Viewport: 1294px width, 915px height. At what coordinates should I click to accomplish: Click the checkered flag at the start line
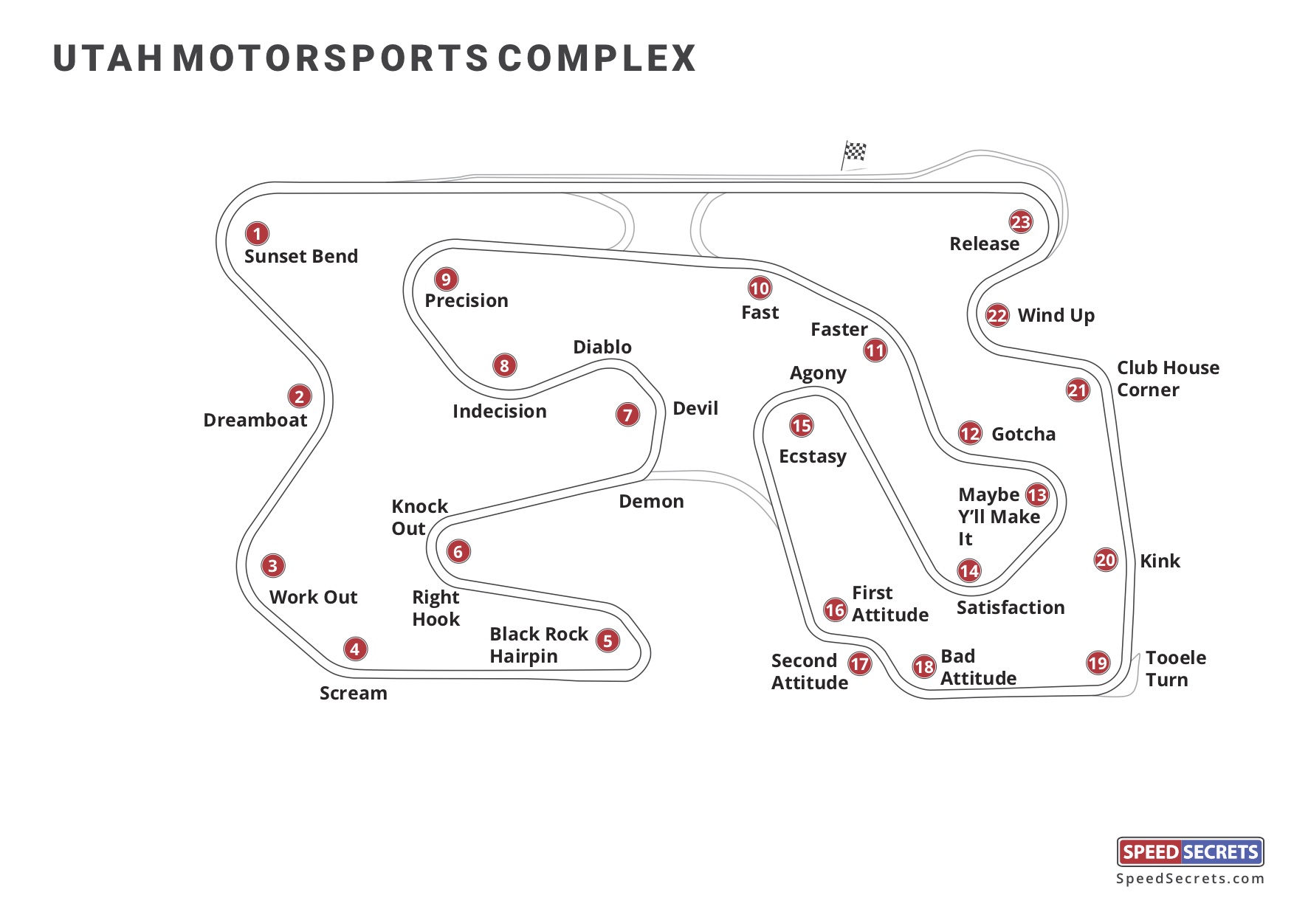[x=855, y=152]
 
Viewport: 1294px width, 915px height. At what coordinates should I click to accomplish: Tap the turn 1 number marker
[x=257, y=234]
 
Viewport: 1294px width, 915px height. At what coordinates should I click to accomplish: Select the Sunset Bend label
[x=301, y=256]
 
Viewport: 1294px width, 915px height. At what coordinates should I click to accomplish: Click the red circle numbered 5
[x=608, y=640]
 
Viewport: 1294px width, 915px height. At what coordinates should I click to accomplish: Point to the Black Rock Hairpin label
[x=538, y=645]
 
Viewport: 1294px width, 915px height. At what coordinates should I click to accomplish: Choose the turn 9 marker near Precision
[x=446, y=280]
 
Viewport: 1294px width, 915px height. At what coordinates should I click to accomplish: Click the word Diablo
[x=602, y=347]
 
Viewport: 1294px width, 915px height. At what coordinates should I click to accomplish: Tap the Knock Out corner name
[x=419, y=517]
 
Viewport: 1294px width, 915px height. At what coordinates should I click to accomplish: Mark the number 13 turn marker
[x=1037, y=495]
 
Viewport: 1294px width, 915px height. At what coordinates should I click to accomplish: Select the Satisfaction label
[x=1011, y=607]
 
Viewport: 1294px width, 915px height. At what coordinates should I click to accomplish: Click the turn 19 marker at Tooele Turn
[x=1098, y=663]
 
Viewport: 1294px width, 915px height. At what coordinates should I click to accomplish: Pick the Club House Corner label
[x=1168, y=379]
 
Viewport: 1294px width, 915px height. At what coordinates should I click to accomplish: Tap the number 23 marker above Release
[x=1021, y=222]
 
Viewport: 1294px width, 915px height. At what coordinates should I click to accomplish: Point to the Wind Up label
[x=1056, y=316]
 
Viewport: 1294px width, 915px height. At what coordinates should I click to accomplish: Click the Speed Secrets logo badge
[x=1190, y=852]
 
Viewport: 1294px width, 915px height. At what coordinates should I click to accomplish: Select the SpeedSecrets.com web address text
[x=1190, y=878]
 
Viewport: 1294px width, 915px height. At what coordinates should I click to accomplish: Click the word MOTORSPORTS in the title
[x=330, y=58]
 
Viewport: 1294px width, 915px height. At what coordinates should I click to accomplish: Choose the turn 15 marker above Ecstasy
[x=802, y=426]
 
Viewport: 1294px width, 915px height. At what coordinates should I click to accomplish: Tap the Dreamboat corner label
[x=255, y=420]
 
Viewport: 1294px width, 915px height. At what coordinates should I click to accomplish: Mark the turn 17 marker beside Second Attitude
[x=859, y=664]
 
